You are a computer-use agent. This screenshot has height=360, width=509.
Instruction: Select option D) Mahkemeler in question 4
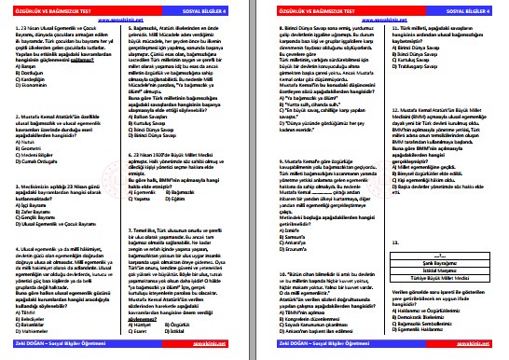pyautogui.click(x=38, y=330)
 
